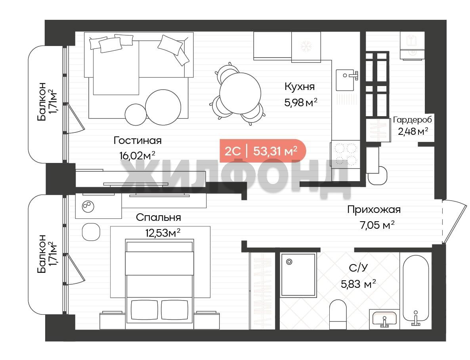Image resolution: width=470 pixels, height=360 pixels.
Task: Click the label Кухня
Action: (300, 87)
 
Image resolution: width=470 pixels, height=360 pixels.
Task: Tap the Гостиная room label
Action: (138, 140)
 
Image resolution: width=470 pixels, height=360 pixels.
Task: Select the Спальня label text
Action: (158, 217)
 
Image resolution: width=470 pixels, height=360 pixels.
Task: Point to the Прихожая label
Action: (374, 209)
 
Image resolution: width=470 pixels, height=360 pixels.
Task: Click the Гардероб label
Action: (413, 120)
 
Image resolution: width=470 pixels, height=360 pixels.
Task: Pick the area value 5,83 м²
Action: (359, 283)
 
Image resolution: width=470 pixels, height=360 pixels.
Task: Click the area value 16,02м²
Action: (137, 155)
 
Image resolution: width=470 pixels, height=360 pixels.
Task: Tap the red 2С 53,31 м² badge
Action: (263, 151)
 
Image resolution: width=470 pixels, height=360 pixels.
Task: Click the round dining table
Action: (240, 93)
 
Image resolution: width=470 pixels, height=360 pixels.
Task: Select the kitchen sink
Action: (345, 80)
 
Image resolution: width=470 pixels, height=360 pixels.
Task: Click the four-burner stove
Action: (345, 154)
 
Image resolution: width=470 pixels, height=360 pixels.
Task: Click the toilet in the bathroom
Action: (338, 314)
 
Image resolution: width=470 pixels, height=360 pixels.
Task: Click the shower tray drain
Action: (289, 262)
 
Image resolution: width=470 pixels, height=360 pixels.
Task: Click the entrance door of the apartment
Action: (455, 221)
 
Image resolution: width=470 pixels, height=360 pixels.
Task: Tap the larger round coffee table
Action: (163, 107)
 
